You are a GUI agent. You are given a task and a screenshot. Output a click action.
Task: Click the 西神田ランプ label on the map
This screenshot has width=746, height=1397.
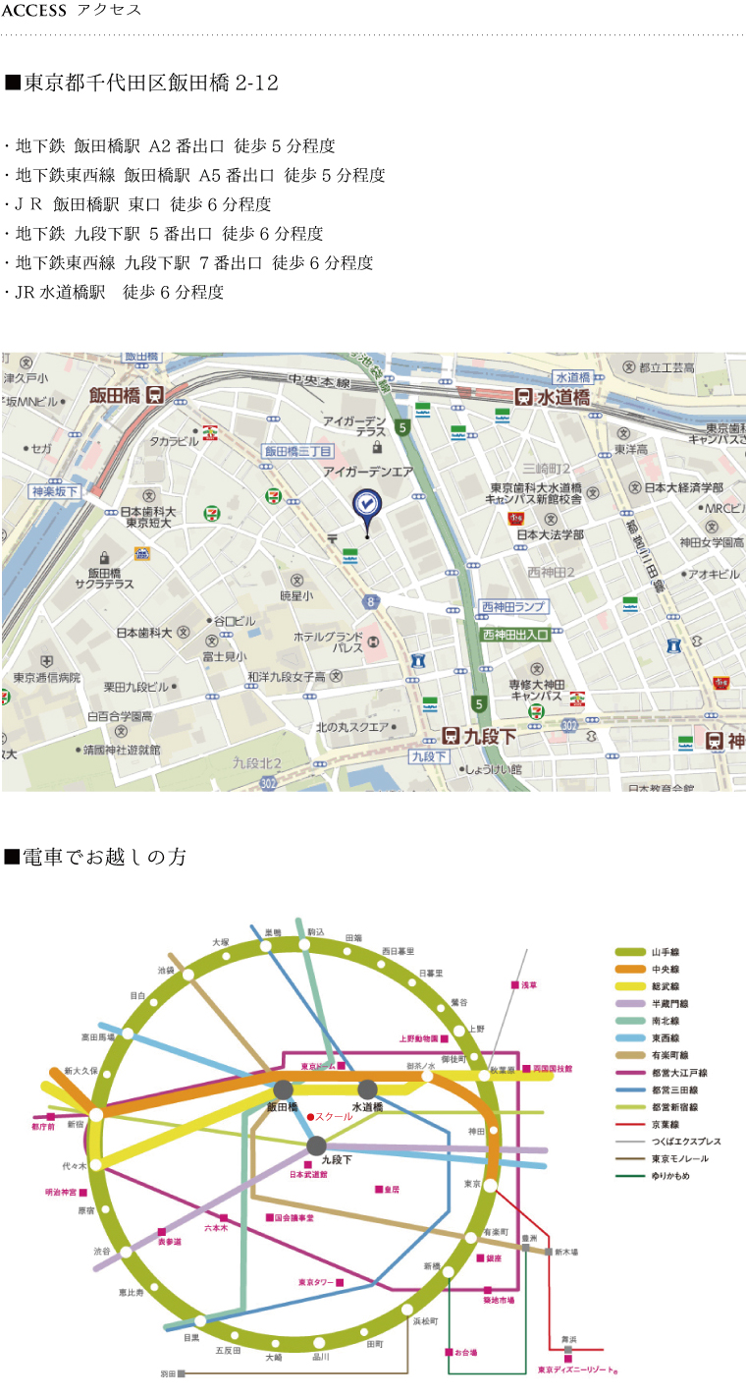[513, 607]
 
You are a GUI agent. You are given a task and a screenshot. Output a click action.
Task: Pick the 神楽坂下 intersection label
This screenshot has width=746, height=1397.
[55, 491]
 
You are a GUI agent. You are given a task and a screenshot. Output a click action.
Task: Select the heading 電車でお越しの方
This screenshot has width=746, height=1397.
[104, 857]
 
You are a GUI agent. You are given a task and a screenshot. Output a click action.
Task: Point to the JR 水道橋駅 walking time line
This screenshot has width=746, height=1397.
[118, 292]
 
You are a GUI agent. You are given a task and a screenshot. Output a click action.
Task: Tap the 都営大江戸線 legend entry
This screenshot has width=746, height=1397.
[678, 1073]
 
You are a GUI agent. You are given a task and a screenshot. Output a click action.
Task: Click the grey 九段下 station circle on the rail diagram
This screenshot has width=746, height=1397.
[316, 1146]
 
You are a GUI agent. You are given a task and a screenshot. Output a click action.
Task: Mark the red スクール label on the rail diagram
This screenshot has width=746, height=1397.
[333, 1116]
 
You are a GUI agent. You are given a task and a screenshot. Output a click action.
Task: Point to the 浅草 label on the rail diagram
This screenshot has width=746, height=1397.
[529, 984]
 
